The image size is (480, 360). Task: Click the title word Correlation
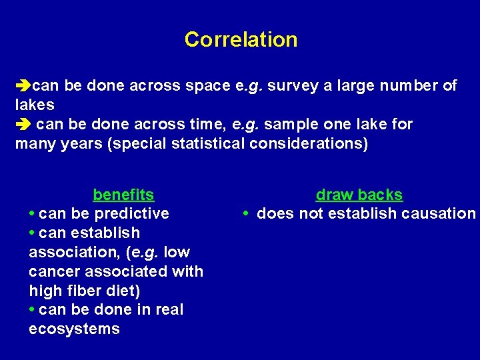[x=241, y=39]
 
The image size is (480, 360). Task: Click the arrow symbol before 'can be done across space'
[x=23, y=86]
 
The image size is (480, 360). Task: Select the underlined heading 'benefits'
[x=123, y=195]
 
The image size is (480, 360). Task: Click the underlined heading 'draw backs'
[x=359, y=195]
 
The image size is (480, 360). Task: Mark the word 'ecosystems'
[x=74, y=329]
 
